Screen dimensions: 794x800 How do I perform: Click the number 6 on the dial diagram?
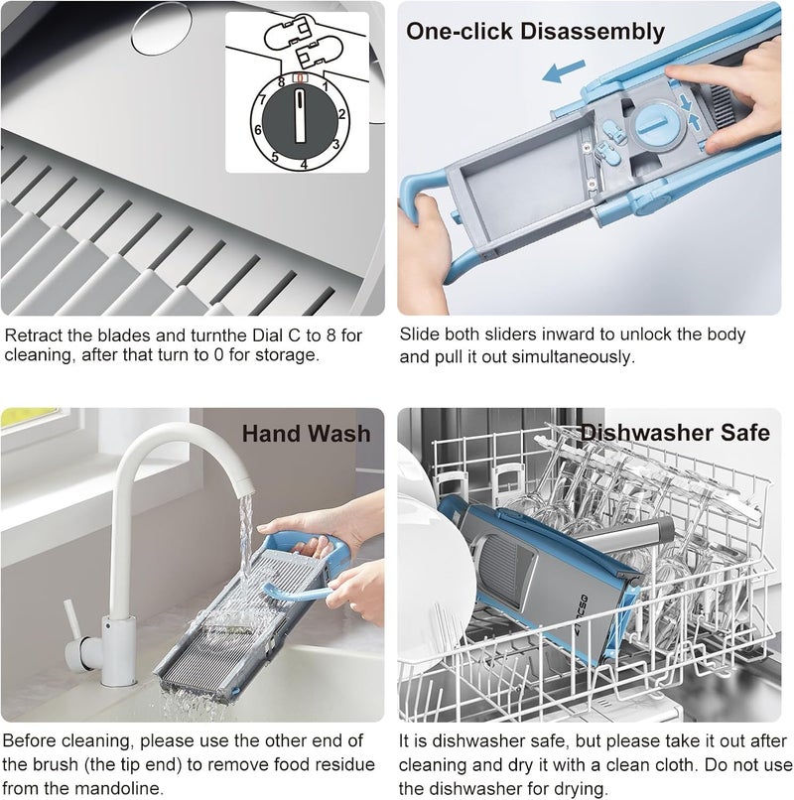coord(258,130)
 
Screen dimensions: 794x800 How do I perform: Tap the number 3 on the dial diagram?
coord(335,144)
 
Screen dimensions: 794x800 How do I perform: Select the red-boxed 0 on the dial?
coord(300,78)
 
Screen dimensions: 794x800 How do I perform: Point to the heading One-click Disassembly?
coord(535,31)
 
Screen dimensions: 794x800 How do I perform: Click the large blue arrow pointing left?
coord(563,70)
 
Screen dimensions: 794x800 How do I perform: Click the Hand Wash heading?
coord(306,433)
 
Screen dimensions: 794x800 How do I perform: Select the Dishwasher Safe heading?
coord(675,433)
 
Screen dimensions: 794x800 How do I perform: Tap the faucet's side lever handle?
coord(71,619)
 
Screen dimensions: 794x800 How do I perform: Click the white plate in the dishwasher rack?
coord(434,577)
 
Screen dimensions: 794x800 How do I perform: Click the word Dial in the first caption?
coord(269,335)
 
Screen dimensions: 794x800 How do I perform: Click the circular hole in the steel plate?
coord(161,28)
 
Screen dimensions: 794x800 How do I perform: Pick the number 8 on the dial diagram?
coord(281,82)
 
